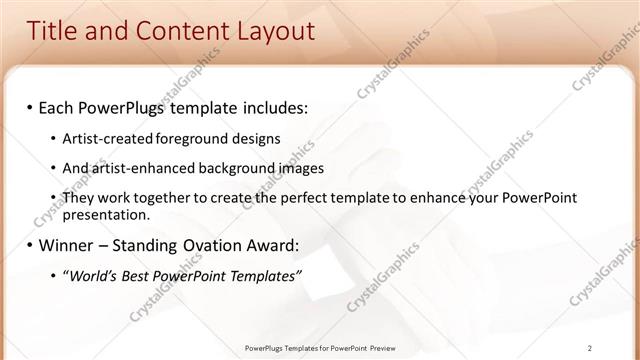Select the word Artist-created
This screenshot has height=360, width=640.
click(100, 138)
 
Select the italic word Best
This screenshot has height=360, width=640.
click(144, 276)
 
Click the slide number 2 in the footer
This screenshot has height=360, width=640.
click(591, 348)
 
